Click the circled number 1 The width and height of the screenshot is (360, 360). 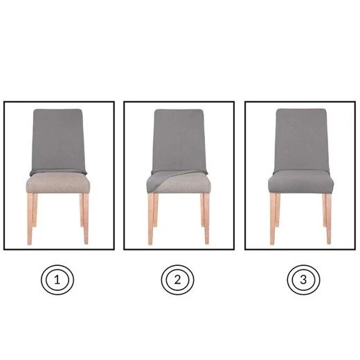(x=57, y=280)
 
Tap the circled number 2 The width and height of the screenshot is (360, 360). (x=177, y=280)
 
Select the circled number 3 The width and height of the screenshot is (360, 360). (x=303, y=280)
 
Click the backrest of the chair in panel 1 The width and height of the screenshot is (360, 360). (x=58, y=141)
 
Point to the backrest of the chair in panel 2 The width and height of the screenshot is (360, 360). (x=179, y=141)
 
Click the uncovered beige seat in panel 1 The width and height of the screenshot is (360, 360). (x=58, y=183)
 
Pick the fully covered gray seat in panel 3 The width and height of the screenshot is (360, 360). (x=301, y=182)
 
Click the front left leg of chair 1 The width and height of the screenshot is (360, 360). (x=30, y=219)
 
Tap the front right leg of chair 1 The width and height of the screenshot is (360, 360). (x=86, y=219)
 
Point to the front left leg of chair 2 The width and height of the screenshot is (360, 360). (x=151, y=219)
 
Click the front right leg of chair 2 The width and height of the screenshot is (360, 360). (x=207, y=219)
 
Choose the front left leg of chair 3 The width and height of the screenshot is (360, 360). (x=273, y=219)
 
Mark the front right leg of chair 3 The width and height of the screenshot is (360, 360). (x=329, y=219)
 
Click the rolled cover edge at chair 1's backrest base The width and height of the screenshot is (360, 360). (x=58, y=172)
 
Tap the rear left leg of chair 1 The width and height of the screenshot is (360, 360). (x=35, y=210)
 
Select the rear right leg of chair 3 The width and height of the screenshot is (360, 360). (x=324, y=210)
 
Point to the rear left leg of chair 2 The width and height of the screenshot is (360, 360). (x=156, y=210)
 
